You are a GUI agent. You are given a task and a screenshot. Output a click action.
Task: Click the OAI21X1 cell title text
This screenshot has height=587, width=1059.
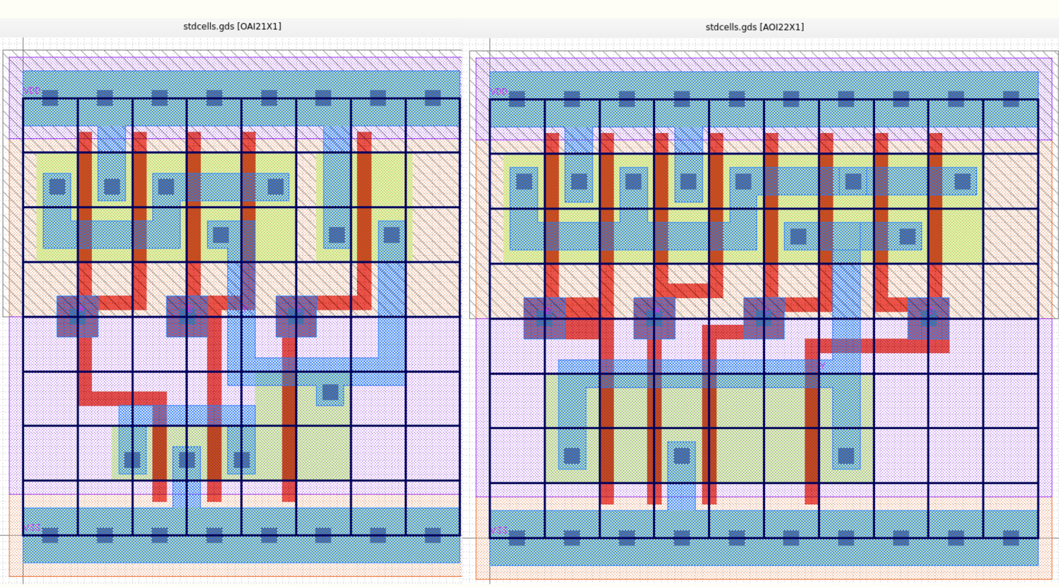[x=232, y=26]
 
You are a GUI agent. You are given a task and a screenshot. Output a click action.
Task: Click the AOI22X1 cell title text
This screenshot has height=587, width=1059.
[x=754, y=27]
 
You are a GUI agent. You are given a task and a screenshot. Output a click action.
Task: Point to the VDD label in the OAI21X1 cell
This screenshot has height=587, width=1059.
[x=32, y=91]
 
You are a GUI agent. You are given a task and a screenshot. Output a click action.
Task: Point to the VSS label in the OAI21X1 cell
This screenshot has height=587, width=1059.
[x=32, y=529]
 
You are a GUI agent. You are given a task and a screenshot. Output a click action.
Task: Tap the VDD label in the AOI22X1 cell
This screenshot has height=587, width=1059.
[x=499, y=91]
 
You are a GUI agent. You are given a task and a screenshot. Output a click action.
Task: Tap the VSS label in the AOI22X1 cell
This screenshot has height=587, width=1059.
[x=499, y=531]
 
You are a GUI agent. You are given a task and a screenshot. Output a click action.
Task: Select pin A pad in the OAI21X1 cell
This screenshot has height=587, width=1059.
[x=77, y=316]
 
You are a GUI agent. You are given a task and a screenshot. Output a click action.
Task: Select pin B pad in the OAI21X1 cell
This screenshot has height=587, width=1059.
[x=187, y=316]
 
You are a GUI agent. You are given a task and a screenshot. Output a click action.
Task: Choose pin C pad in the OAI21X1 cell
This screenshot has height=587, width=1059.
[x=296, y=316]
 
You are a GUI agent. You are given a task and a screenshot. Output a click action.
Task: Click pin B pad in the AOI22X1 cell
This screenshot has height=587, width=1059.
[x=544, y=318]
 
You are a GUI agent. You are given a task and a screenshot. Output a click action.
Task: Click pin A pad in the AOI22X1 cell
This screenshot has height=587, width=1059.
[x=654, y=318]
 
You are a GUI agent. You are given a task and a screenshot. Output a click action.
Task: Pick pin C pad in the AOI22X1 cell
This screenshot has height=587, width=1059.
[x=764, y=318]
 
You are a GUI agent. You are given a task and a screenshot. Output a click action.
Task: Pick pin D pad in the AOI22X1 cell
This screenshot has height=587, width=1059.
[x=928, y=318]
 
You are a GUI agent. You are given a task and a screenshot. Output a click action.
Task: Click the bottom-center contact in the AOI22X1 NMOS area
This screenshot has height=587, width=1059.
[x=682, y=456]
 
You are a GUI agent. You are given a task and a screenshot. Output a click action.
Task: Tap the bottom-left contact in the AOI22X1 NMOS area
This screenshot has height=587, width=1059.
[x=572, y=456]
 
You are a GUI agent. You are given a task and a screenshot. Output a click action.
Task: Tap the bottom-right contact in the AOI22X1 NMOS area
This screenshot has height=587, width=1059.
[x=846, y=456]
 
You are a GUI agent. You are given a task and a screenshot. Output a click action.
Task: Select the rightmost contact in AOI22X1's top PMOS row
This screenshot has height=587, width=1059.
[x=962, y=181]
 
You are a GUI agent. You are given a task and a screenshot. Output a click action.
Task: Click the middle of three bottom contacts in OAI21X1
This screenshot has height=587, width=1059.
[x=187, y=460]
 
